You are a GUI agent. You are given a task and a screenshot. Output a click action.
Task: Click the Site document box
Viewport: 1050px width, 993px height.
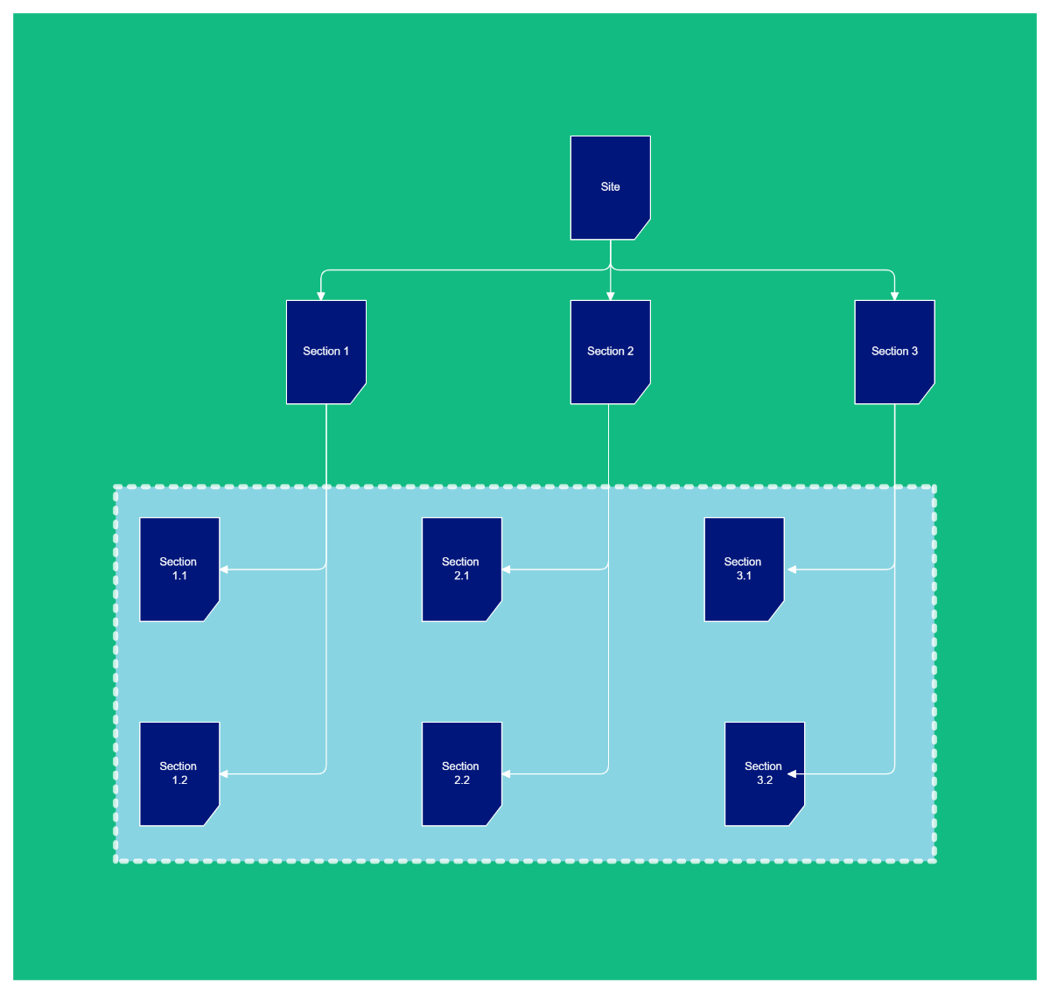[610, 187]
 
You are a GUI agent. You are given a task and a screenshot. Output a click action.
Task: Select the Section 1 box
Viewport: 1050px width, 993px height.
[325, 352]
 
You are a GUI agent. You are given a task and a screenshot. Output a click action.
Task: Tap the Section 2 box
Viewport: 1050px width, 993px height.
[610, 352]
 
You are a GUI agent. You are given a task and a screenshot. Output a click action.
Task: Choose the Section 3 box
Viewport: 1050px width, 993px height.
[894, 352]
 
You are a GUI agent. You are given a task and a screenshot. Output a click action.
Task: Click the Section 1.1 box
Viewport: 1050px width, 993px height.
[179, 569]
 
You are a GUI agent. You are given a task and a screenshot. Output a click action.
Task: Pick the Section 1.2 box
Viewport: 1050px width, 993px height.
[179, 773]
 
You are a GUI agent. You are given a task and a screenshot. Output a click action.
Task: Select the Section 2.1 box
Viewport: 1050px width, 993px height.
[461, 569]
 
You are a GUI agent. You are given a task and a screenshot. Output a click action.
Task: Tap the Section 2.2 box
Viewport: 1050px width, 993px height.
[461, 773]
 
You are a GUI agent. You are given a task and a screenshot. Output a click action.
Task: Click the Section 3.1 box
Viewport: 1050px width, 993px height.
[744, 569]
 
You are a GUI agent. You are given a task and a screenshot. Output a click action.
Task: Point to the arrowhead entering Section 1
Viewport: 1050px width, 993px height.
[321, 296]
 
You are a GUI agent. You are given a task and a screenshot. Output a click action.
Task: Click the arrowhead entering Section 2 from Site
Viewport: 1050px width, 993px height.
[611, 296]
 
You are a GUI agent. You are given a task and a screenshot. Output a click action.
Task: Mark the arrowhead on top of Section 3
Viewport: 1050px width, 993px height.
[894, 296]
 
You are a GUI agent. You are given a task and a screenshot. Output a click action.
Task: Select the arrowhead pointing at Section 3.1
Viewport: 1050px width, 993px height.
[792, 570]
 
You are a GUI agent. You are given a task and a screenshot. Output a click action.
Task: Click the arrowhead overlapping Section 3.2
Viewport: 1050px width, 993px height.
[792, 774]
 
